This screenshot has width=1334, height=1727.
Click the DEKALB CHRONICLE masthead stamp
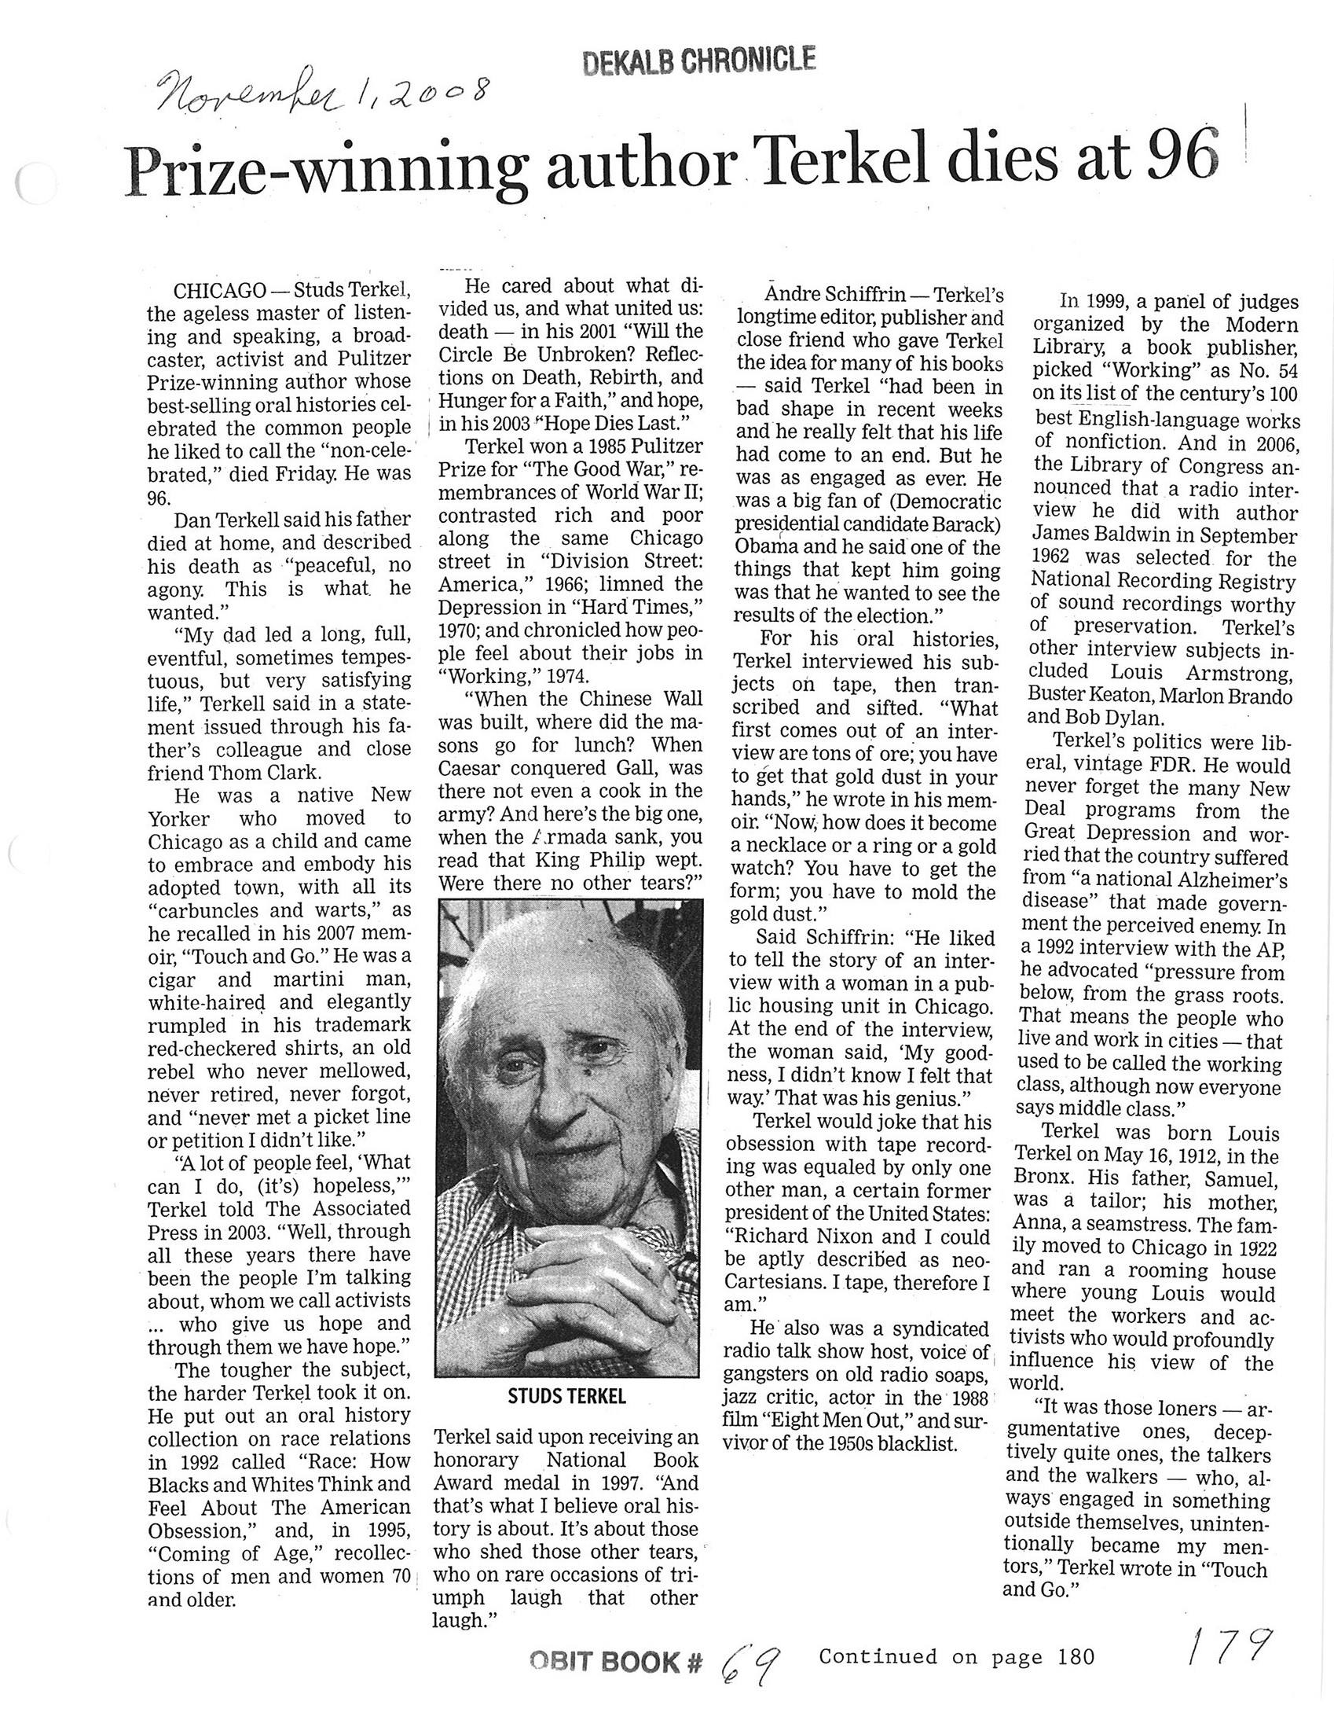point(698,61)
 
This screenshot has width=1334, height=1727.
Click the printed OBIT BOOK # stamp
point(616,1663)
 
